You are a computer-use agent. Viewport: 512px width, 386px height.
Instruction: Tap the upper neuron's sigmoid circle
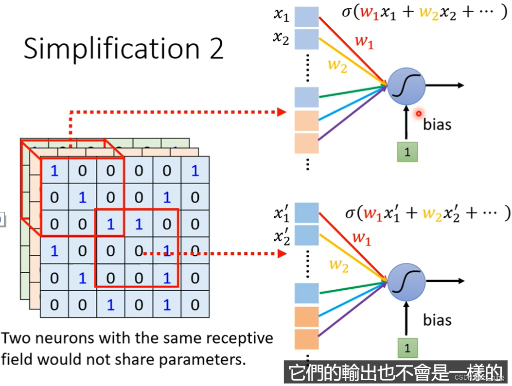coord(406,86)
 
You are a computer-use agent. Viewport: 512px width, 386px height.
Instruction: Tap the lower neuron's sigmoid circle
coord(406,281)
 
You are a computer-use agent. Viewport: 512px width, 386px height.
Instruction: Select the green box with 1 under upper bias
coord(407,152)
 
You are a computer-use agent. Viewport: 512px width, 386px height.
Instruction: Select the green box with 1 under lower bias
coord(407,348)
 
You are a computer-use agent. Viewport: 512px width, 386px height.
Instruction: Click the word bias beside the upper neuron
coord(437,124)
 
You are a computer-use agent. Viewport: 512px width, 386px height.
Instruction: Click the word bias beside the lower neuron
coord(437,320)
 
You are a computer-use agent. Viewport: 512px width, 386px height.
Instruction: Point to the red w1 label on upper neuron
coord(364,42)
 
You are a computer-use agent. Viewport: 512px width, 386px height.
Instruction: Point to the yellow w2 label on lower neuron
coord(339,265)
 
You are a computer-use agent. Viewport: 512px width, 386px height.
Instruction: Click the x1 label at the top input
coord(281,16)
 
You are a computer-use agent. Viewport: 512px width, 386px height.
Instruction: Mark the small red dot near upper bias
coord(418,113)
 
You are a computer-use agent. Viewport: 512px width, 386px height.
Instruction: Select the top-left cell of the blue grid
coord(54,170)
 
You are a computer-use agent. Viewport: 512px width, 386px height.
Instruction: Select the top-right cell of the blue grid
coord(195,170)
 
